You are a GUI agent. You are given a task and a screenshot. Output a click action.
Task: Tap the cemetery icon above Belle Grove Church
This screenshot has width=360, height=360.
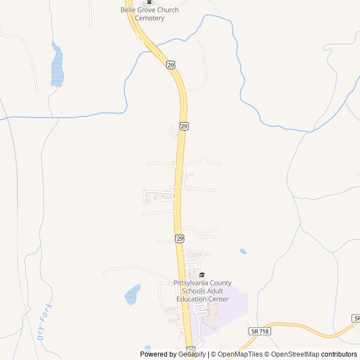point(149,2)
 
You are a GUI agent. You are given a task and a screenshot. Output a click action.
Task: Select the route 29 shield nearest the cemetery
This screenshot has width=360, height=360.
point(170,65)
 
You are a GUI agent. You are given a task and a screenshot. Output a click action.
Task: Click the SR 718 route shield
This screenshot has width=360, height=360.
point(260,331)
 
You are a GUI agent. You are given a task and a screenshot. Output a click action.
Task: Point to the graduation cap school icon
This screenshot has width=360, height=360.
point(202,274)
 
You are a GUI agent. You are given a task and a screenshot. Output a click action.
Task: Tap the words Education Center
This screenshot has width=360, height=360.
point(202,299)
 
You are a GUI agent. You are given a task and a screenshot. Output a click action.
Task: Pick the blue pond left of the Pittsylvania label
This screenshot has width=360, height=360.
point(133,294)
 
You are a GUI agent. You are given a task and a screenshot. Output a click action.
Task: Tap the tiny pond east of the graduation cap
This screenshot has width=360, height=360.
point(242,251)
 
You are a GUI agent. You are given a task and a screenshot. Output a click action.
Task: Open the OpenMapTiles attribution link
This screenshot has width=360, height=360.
point(240,354)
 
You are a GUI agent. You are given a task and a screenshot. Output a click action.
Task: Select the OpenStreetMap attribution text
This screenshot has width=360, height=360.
point(295,354)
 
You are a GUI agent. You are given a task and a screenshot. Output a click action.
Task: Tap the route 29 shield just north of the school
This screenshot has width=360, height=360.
point(179,238)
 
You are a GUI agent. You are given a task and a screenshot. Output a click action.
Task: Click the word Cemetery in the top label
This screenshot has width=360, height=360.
point(150,18)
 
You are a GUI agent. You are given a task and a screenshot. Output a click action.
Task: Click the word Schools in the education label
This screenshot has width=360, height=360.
point(194,291)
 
